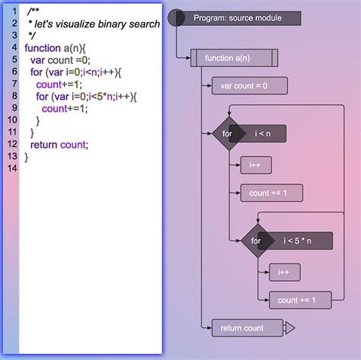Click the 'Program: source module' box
[237, 18]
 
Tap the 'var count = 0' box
[244, 86]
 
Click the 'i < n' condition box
[264, 134]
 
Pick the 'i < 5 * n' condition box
[298, 241]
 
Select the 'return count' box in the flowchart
[242, 328]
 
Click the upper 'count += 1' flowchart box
[270, 193]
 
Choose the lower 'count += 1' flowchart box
[299, 300]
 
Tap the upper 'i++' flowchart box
[255, 164]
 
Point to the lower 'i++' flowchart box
[284, 271]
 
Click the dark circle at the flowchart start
[176, 17]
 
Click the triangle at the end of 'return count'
[289, 328]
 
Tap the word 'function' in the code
[43, 48]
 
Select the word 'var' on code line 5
[38, 60]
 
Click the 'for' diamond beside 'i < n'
[228, 134]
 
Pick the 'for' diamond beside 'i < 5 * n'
[256, 241]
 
